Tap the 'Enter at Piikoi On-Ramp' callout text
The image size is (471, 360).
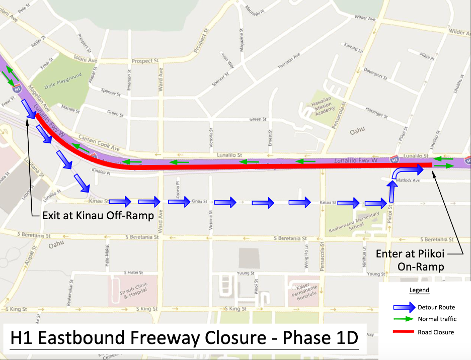tap(411, 260)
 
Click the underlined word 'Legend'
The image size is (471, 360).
tap(419, 290)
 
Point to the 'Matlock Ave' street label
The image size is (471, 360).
tap(409, 180)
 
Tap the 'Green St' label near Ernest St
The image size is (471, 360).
tap(258, 119)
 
